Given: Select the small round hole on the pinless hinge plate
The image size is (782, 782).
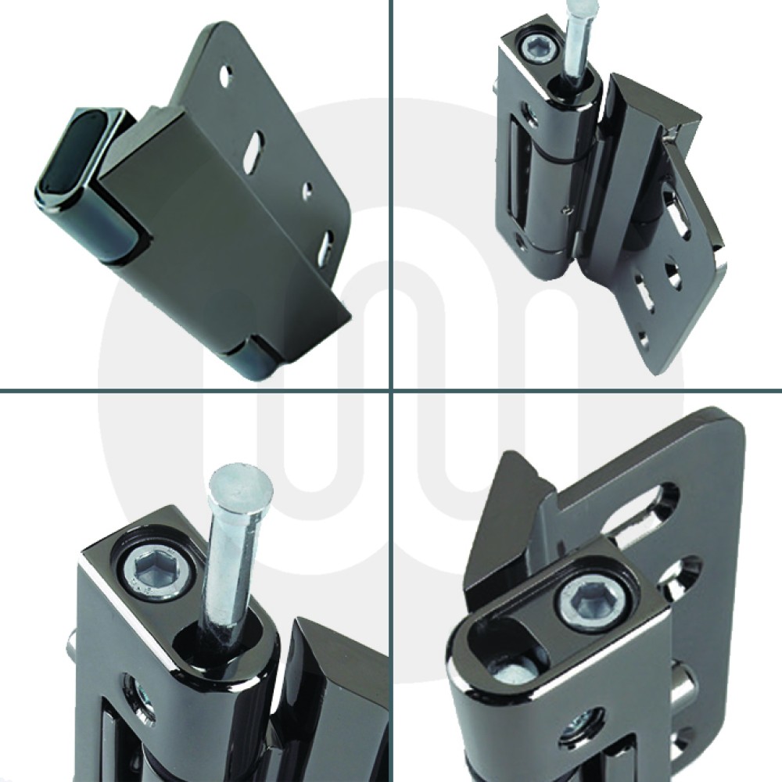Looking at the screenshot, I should pyautogui.click(x=307, y=189).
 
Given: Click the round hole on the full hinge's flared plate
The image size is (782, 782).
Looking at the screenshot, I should pyautogui.click(x=671, y=274).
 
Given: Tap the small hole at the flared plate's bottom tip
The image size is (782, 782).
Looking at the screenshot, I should pyautogui.click(x=644, y=338).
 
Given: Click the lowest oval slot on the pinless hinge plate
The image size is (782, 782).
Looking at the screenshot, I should pyautogui.click(x=327, y=246).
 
